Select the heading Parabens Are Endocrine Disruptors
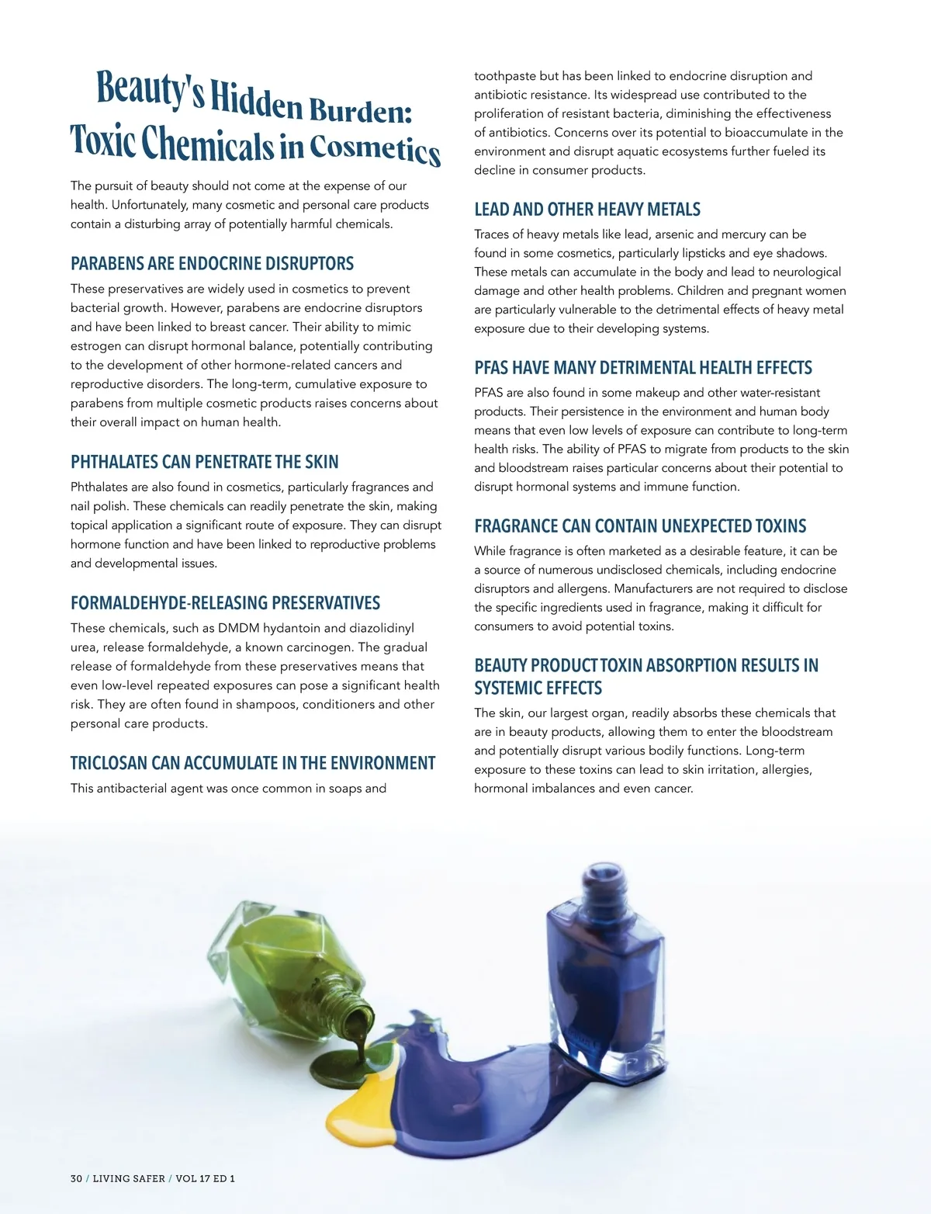212,264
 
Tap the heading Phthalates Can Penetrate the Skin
204,463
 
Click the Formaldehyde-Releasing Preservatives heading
225,603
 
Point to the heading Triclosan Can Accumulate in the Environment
253,764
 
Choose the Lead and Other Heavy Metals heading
587,210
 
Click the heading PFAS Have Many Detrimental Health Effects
643,368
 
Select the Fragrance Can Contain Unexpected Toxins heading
640,526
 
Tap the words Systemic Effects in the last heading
538,689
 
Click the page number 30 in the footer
76,1178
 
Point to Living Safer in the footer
129,1178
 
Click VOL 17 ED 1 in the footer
205,1178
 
